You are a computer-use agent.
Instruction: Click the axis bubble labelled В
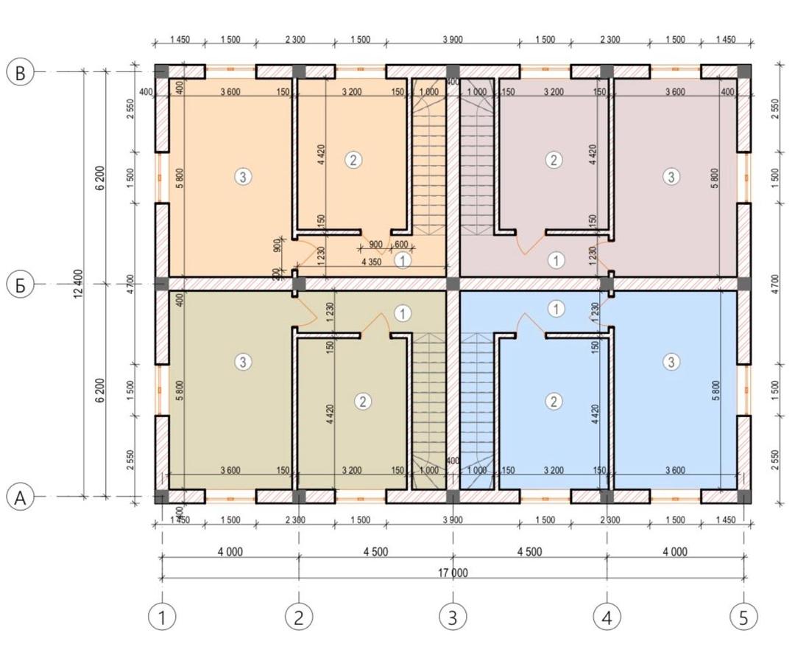coord(20,72)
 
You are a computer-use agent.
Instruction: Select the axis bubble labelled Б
coord(20,285)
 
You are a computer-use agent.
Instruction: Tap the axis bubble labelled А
coord(20,497)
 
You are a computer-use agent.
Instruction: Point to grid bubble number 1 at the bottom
coord(162,617)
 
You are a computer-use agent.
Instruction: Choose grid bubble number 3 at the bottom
coord(453,617)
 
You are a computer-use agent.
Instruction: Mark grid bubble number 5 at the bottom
coord(743,617)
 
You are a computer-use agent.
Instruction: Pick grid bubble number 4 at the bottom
coord(607,617)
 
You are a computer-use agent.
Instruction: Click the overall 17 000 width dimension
coord(453,573)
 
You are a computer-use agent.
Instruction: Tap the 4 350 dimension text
coord(372,262)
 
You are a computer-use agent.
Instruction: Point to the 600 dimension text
coord(401,245)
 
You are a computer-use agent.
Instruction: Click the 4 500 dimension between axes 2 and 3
coord(375,552)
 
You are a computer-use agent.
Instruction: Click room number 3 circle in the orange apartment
coord(244,177)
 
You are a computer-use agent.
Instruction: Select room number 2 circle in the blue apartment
coord(553,402)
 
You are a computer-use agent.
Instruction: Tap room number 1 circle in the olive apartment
coord(403,314)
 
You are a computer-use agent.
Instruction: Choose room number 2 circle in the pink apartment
coord(553,160)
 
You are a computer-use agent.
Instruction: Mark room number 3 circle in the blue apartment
coord(671,361)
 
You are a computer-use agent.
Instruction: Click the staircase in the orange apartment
coord(428,157)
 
